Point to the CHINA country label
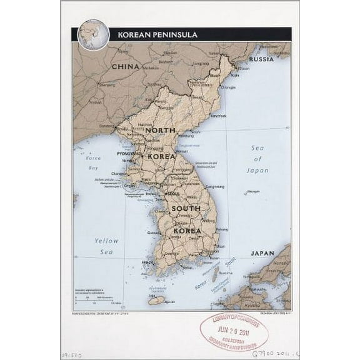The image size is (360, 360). pyautogui.click(x=125, y=66)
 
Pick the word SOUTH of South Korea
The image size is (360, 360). pyautogui.click(x=186, y=208)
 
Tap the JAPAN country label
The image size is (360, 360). pyautogui.click(x=262, y=254)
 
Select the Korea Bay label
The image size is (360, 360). pyautogui.click(x=93, y=164)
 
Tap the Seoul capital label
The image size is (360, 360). pyautogui.click(x=164, y=194)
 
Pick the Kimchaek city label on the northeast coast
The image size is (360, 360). pyautogui.click(x=218, y=116)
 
